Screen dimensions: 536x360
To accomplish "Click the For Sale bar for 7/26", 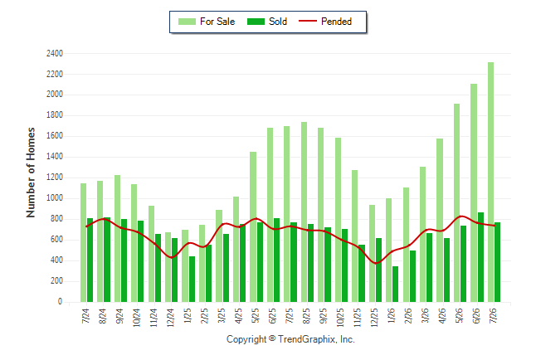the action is [x=490, y=182].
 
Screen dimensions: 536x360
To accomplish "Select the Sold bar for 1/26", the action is [x=395, y=285].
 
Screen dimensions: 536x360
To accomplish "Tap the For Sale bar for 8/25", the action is [x=304, y=212].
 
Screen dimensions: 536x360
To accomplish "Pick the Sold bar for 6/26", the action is [x=480, y=257].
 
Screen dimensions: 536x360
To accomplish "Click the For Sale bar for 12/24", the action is [x=168, y=267].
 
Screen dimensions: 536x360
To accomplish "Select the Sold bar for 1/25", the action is [x=192, y=279].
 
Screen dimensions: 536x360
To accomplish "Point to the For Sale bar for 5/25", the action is [x=253, y=226].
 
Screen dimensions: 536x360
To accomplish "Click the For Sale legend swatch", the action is [x=187, y=22].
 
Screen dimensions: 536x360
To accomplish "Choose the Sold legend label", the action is [x=278, y=22].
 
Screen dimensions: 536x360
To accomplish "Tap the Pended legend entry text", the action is [x=336, y=22].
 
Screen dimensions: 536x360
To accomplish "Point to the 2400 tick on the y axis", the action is [x=55, y=53].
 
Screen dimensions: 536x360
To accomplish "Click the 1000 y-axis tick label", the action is [x=55, y=198].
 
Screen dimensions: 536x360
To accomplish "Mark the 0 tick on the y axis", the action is [x=61, y=302].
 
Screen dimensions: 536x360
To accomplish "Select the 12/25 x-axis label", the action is [x=374, y=318].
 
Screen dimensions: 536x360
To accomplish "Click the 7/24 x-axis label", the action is [x=85, y=316].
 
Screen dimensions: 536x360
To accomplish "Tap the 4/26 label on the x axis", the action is [x=441, y=316].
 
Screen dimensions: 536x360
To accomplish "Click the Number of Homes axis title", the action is [x=31, y=173].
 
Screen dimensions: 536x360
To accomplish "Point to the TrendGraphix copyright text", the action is [x=290, y=339].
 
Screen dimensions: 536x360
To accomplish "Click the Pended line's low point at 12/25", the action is [x=376, y=263].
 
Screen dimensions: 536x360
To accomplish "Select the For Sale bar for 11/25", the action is [x=354, y=236].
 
